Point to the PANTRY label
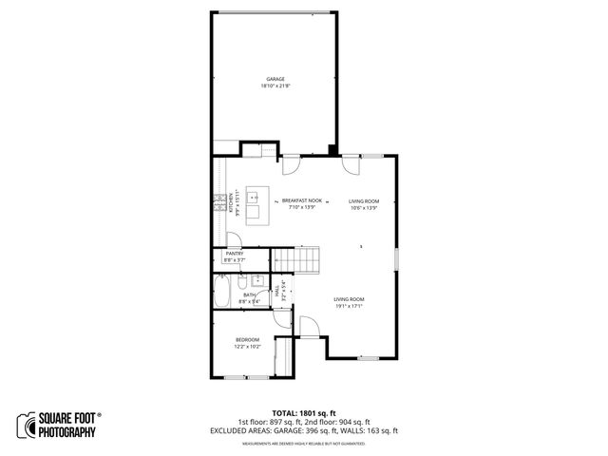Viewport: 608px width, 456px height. coord(235,254)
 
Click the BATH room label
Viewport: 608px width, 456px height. coord(249,294)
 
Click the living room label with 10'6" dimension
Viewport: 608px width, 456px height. coord(364,201)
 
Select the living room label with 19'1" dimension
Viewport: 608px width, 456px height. coord(349,299)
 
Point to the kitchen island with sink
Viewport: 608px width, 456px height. coord(256,205)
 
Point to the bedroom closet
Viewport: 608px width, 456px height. coord(282,358)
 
